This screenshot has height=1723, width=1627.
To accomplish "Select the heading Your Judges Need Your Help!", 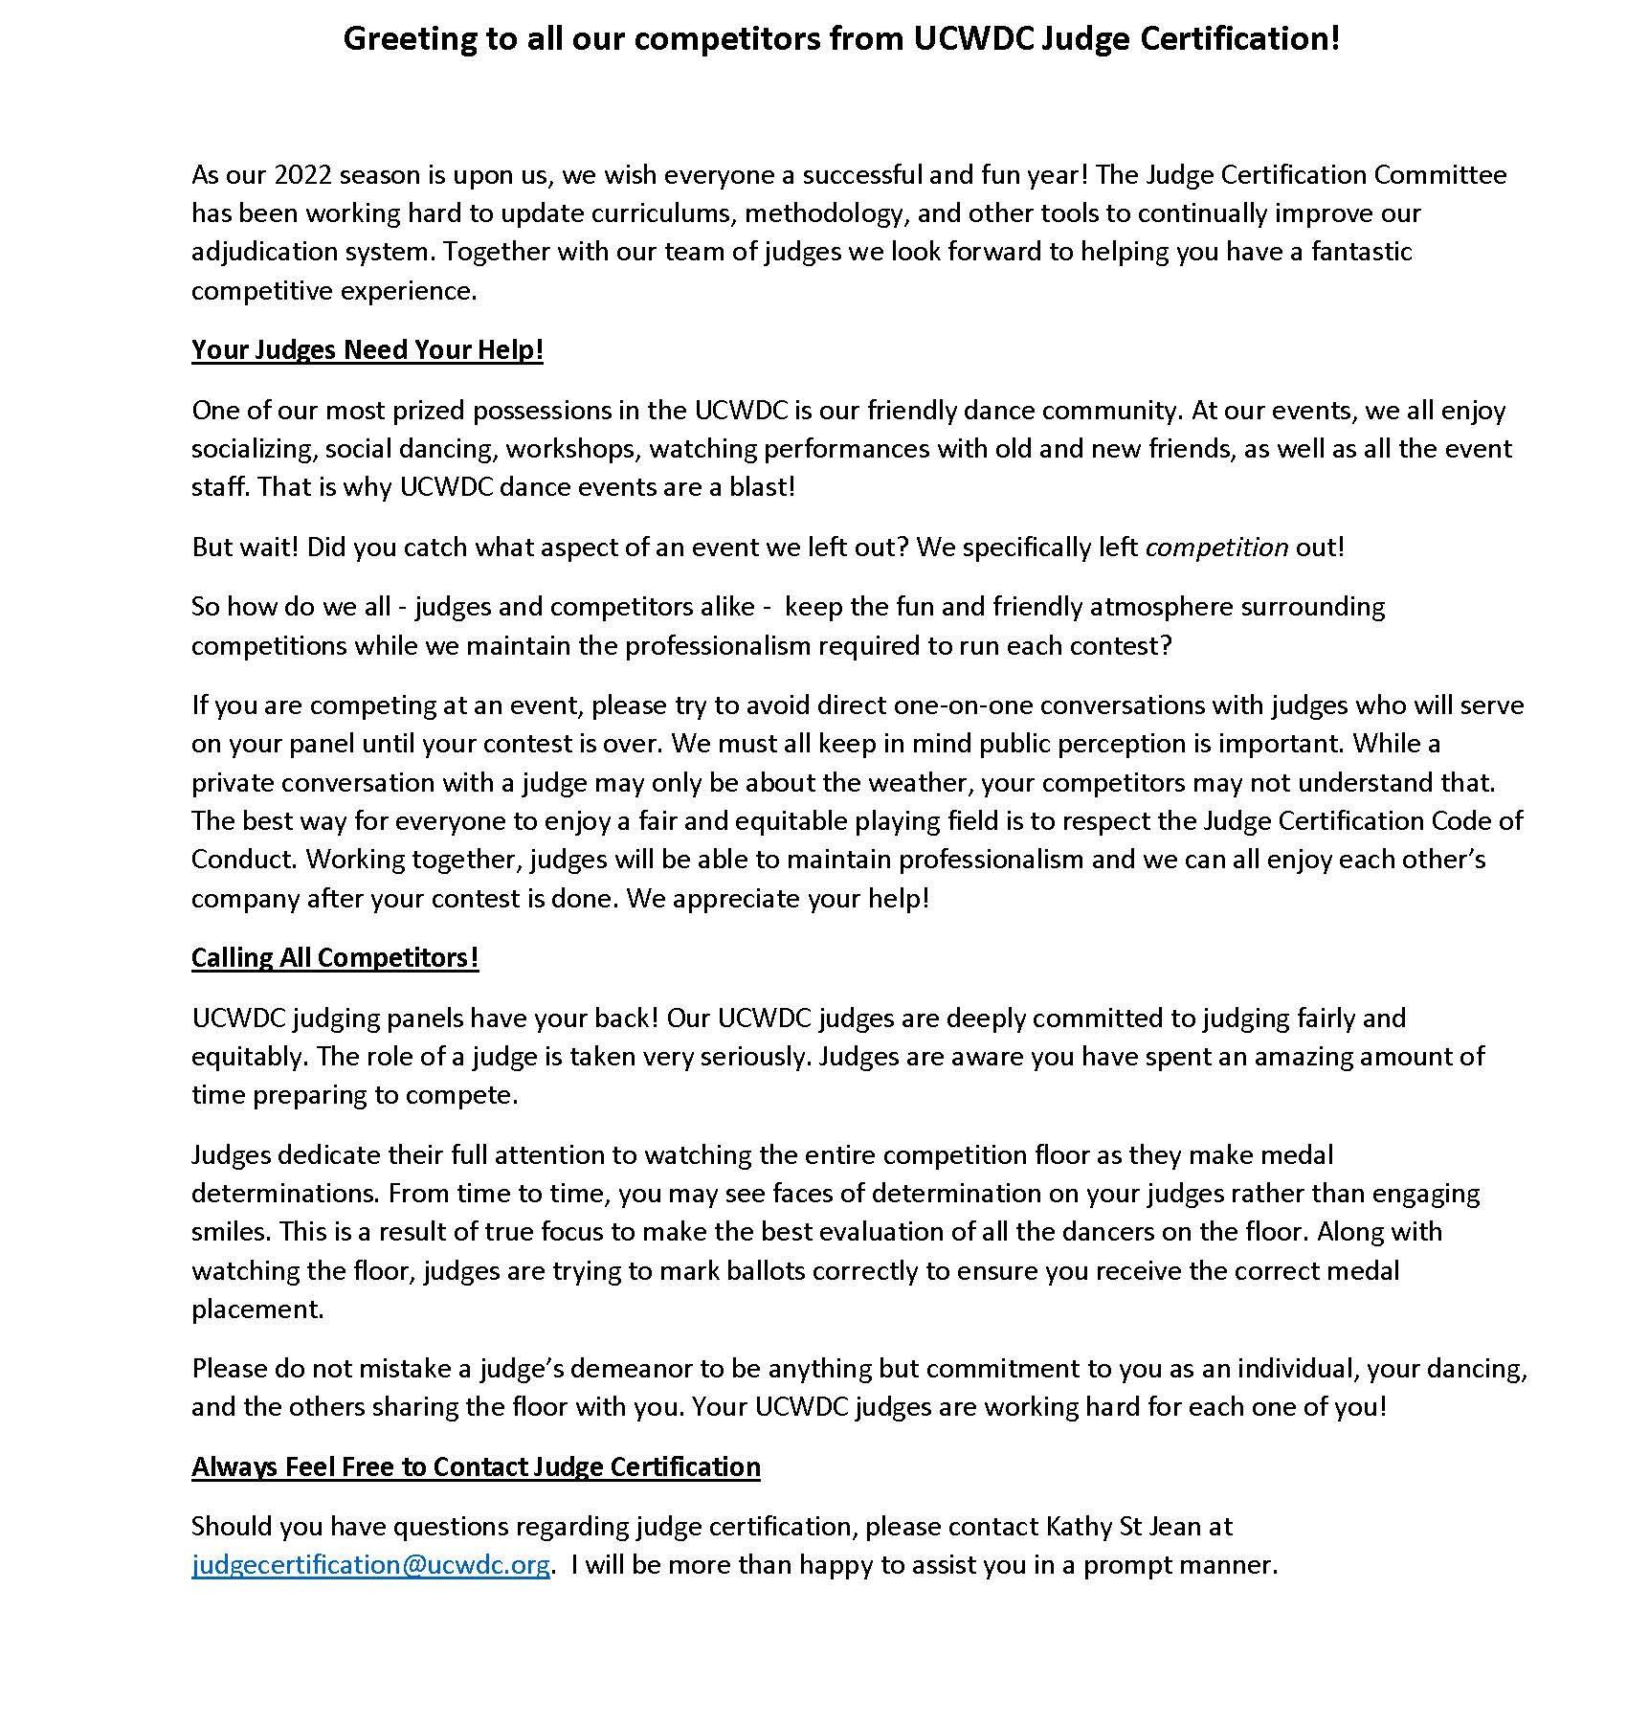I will (x=368, y=350).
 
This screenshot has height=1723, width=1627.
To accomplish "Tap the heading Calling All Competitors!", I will (x=335, y=958).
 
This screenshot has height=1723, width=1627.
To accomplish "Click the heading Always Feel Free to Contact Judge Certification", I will (x=476, y=1467).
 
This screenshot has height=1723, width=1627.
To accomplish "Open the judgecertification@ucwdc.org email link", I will (x=370, y=1565).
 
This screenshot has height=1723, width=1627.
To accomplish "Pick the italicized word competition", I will (x=1216, y=548).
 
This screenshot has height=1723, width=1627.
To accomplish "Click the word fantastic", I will (x=1361, y=253).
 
